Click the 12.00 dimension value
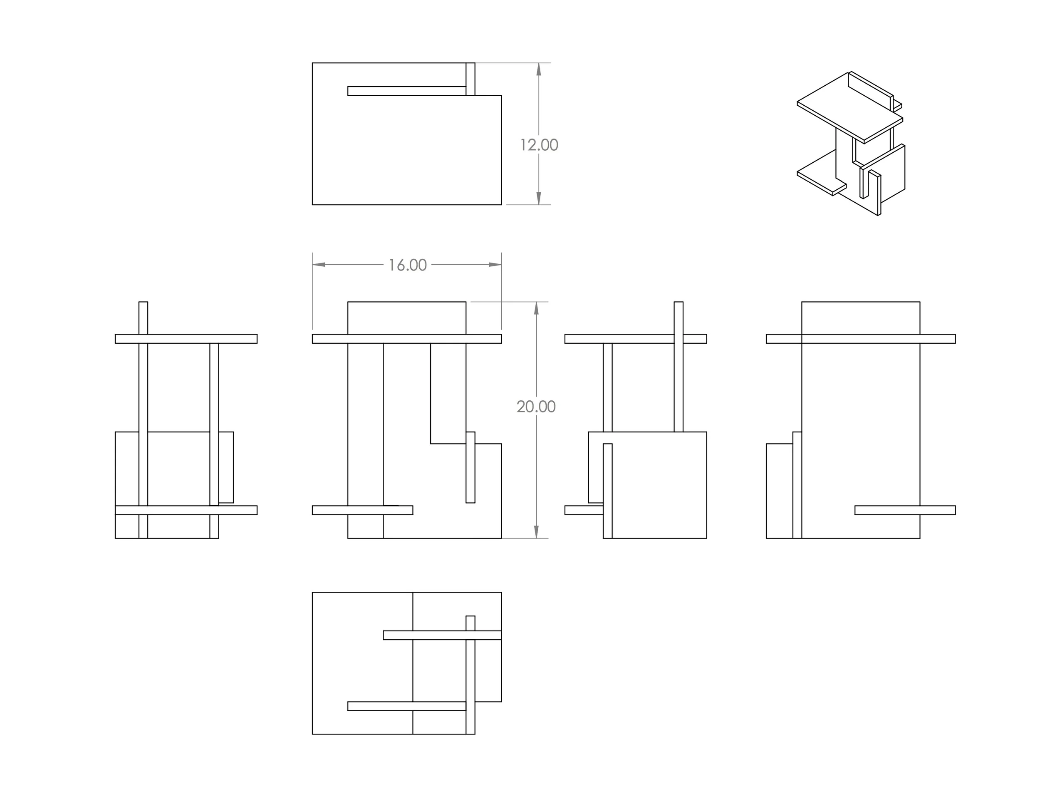click(x=539, y=145)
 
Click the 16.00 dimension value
click(x=408, y=266)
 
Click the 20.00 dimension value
click(x=536, y=406)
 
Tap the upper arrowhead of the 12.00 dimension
click(x=539, y=69)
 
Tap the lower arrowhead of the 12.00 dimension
click(x=539, y=198)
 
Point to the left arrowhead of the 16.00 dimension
click(x=319, y=264)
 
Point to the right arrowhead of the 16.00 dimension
click(x=495, y=264)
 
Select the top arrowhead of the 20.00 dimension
click(x=536, y=308)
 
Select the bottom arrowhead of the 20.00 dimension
click(x=536, y=531)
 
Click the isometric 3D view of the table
click(x=850, y=143)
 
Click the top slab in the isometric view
click(x=849, y=107)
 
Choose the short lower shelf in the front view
click(x=362, y=510)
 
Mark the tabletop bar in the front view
click(x=407, y=339)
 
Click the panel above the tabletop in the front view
click(x=407, y=318)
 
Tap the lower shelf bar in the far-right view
click(x=905, y=510)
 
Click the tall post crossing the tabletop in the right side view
click(x=678, y=367)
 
